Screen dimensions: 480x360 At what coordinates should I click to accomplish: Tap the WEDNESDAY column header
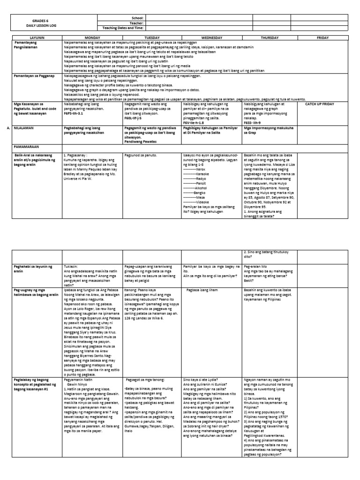tap(212, 37)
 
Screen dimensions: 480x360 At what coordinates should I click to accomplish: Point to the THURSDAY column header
tap(270, 37)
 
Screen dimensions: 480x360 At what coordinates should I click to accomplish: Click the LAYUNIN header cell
tap(36, 37)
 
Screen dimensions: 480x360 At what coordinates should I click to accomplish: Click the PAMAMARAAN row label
tap(30, 146)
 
